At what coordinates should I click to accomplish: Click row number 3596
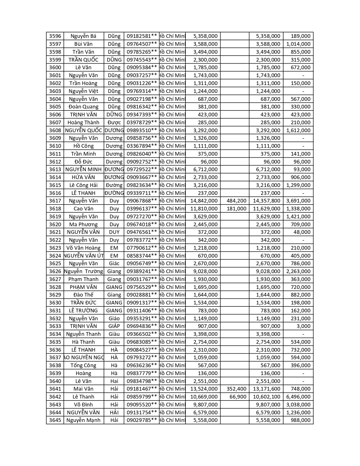pos(55,36)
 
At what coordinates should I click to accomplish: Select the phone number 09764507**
pos(141,44)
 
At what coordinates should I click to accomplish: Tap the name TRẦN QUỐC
pos(83,60)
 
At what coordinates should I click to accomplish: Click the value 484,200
pos(236,201)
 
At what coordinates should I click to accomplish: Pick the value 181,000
pos(236,209)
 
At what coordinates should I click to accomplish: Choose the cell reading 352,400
pos(236,389)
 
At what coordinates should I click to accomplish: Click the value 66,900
pos(238,397)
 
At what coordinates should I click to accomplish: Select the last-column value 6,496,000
pos(298,397)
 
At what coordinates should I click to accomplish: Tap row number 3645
pos(55,420)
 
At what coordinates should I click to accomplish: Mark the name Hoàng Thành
pos(83,123)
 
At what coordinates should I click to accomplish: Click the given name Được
pos(114,123)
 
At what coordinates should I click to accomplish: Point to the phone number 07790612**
pos(141,248)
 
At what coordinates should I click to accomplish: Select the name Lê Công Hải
pos(83,185)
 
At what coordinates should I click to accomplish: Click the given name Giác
pos(114,264)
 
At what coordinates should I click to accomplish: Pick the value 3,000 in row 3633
pos(304,326)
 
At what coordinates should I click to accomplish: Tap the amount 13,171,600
pos(267,389)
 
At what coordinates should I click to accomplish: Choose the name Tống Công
pos(83,365)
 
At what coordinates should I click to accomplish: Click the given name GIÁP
pos(114,326)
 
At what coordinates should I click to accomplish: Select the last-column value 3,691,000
pos(298,201)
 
